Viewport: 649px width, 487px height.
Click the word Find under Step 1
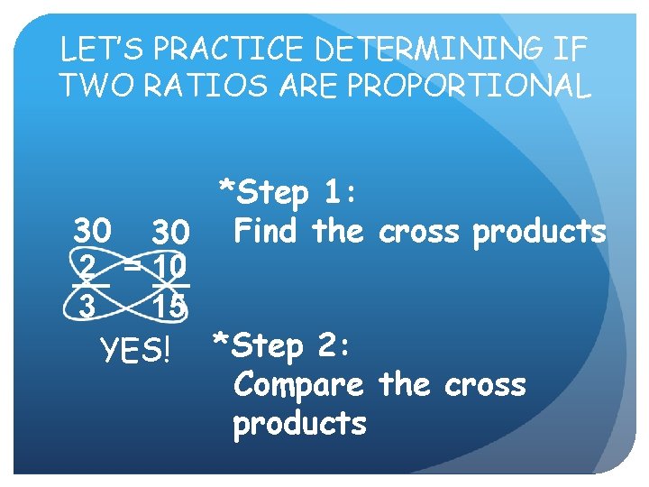click(x=268, y=232)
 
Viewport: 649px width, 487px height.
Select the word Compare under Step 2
click(x=298, y=385)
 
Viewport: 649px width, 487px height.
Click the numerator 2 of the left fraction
click(x=88, y=267)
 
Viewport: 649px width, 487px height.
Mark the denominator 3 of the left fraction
click(x=87, y=306)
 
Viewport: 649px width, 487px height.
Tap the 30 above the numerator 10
click(x=169, y=234)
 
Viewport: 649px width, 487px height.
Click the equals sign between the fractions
click(x=133, y=265)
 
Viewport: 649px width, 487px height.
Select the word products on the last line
click(x=299, y=423)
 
